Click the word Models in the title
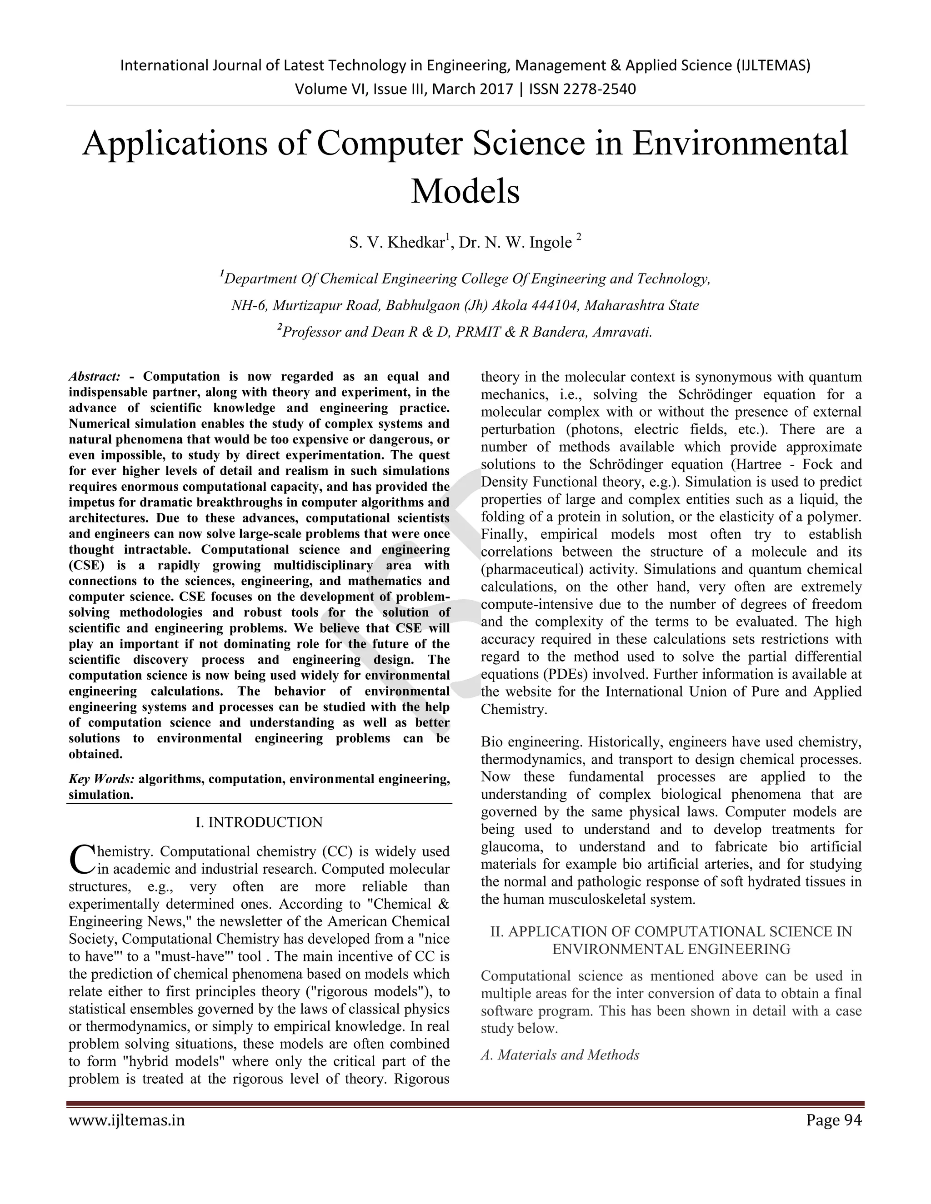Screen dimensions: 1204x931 pyautogui.click(x=465, y=191)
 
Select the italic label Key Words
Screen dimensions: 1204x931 pyautogui.click(x=101, y=779)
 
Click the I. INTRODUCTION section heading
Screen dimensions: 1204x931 pyautogui.click(x=259, y=822)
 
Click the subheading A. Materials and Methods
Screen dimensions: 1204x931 pyautogui.click(x=560, y=1055)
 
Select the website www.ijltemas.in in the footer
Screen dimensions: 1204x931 pyautogui.click(x=126, y=1121)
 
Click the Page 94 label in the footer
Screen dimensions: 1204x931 pyautogui.click(x=833, y=1121)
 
